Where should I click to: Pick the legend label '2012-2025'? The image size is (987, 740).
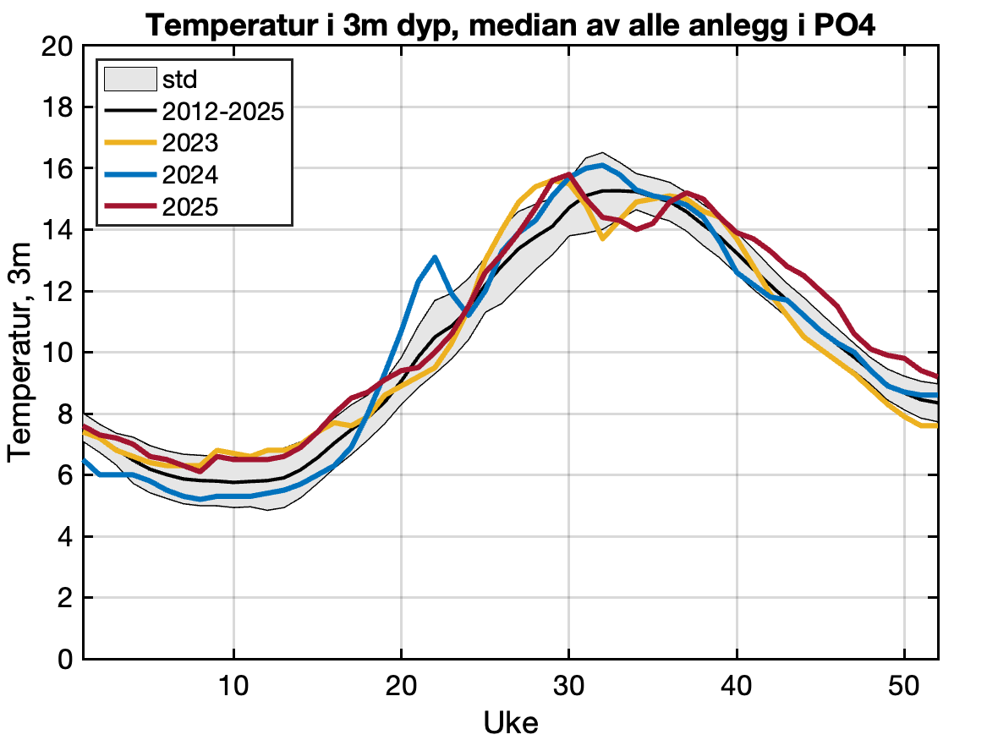[x=222, y=112]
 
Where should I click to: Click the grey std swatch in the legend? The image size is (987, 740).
[x=129, y=80]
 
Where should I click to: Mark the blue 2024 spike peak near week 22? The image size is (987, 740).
[x=435, y=257]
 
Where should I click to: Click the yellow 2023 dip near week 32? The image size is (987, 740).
[x=602, y=239]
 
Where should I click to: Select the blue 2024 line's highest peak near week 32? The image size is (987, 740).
[x=602, y=165]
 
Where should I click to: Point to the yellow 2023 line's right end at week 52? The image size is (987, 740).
[x=936, y=425]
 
